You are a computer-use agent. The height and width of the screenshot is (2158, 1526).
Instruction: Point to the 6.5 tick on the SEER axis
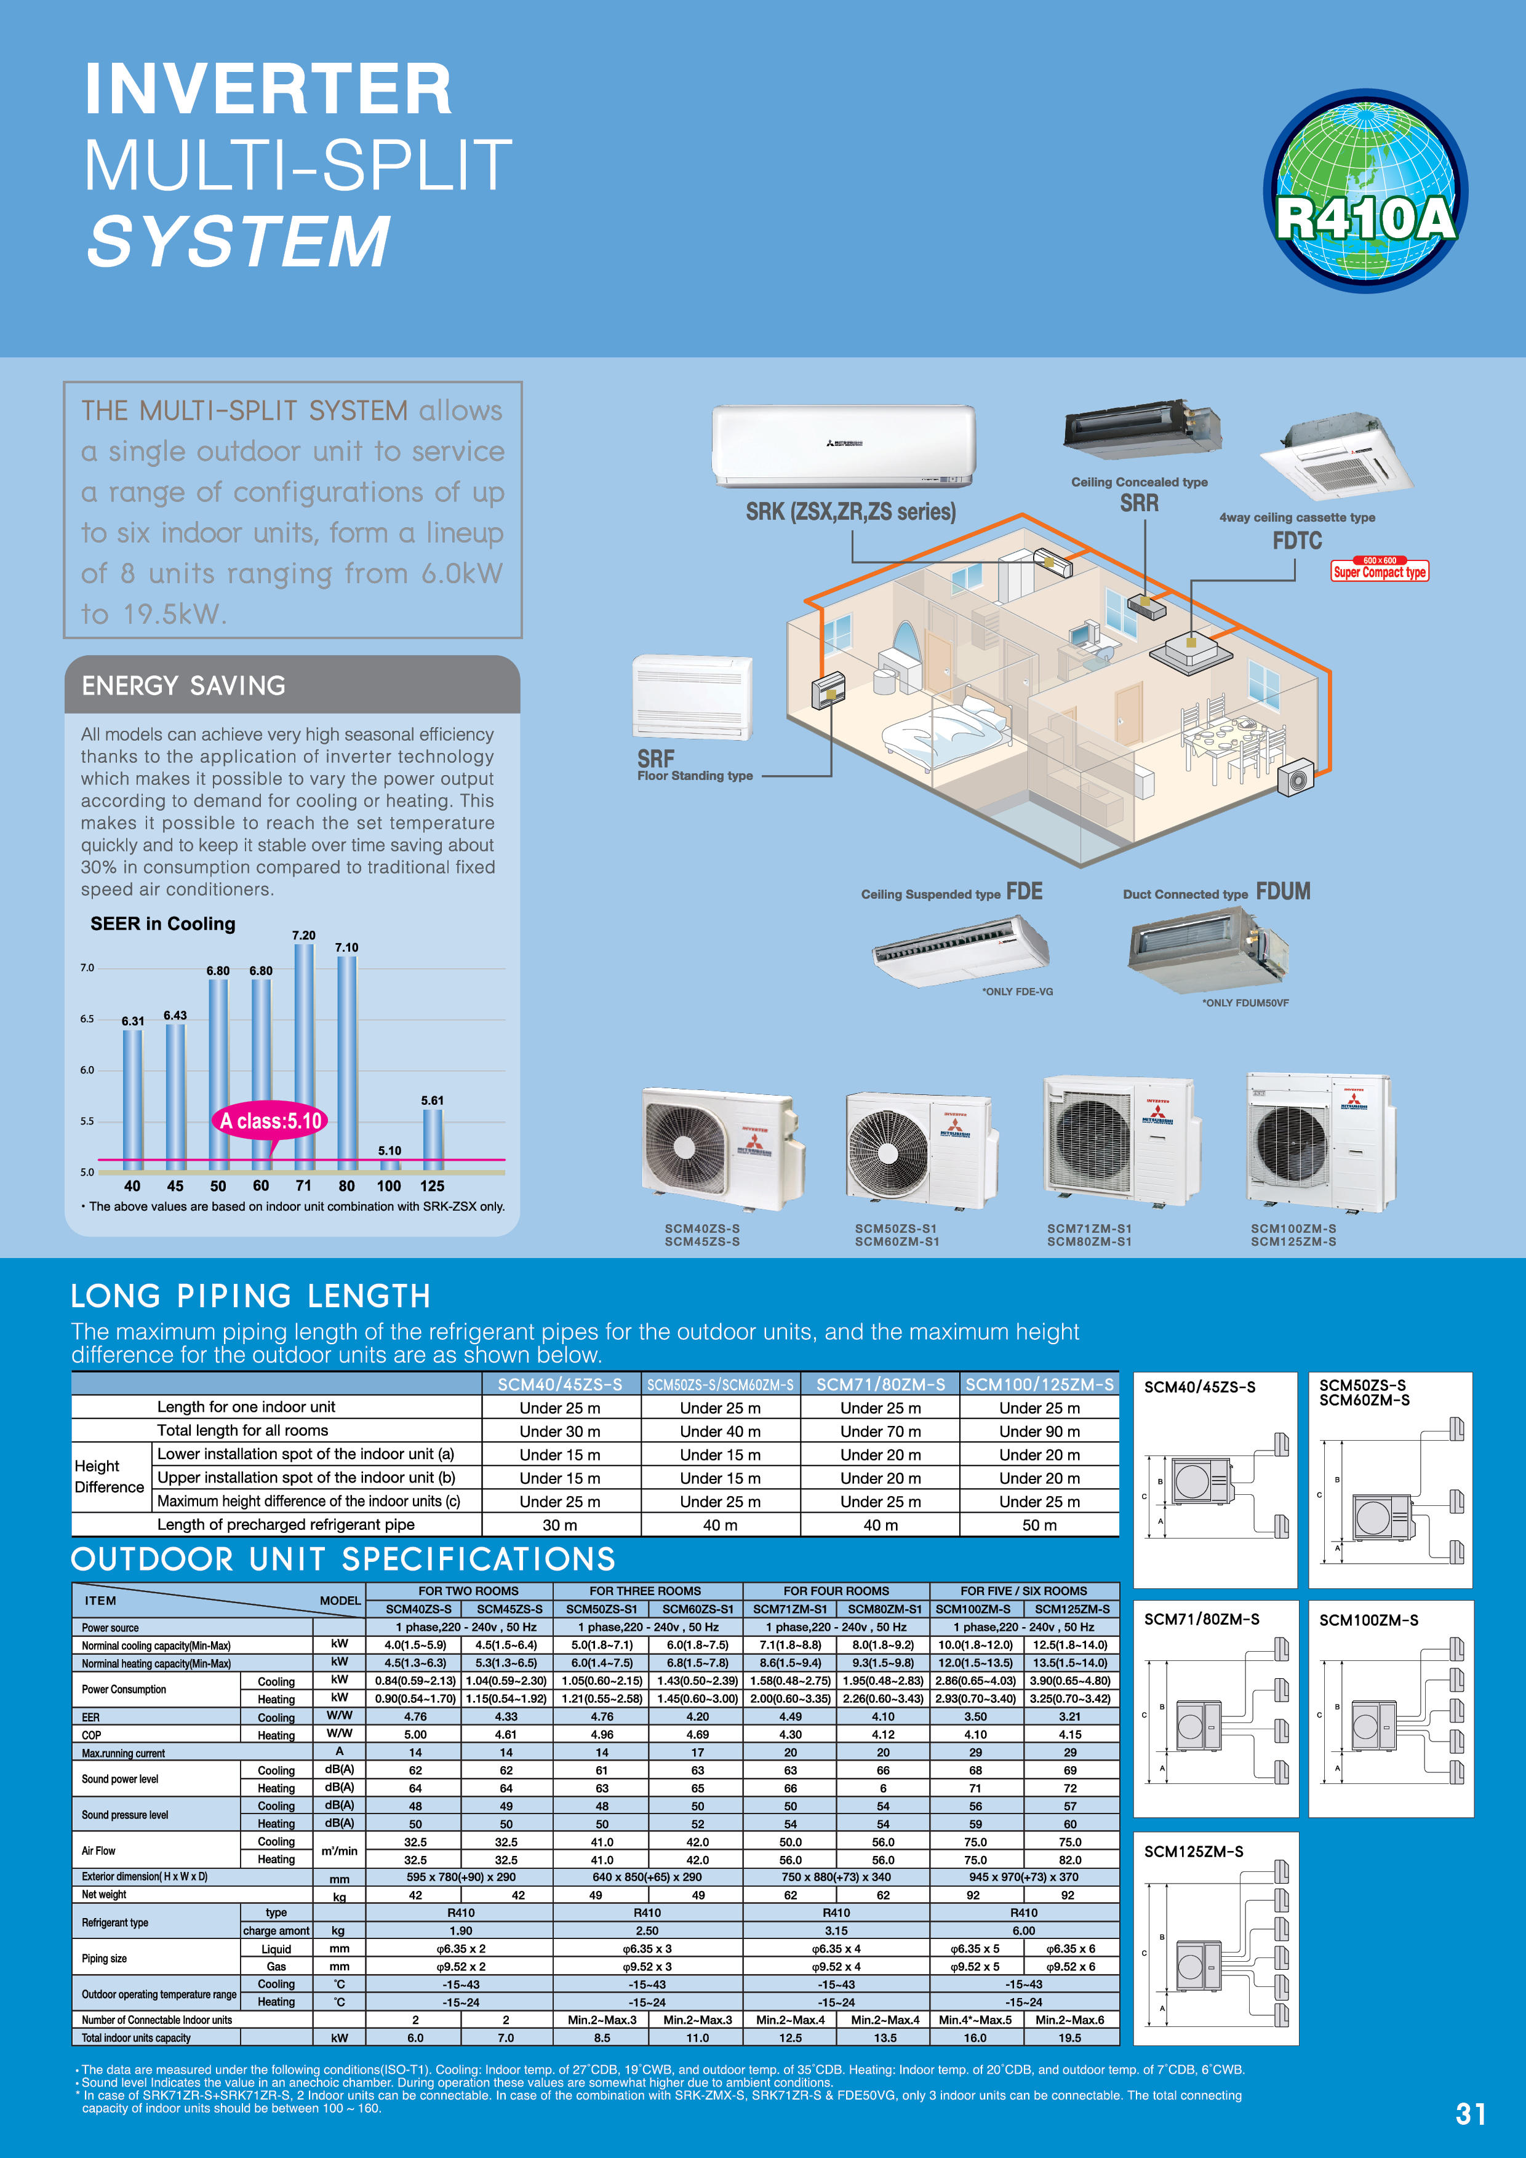coord(87,1019)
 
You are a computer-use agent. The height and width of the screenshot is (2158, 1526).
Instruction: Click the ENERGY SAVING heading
coord(183,686)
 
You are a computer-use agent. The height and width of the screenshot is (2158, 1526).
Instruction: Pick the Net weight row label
coord(103,1895)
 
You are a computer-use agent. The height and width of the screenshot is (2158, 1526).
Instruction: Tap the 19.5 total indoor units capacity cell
coord(1070,2037)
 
